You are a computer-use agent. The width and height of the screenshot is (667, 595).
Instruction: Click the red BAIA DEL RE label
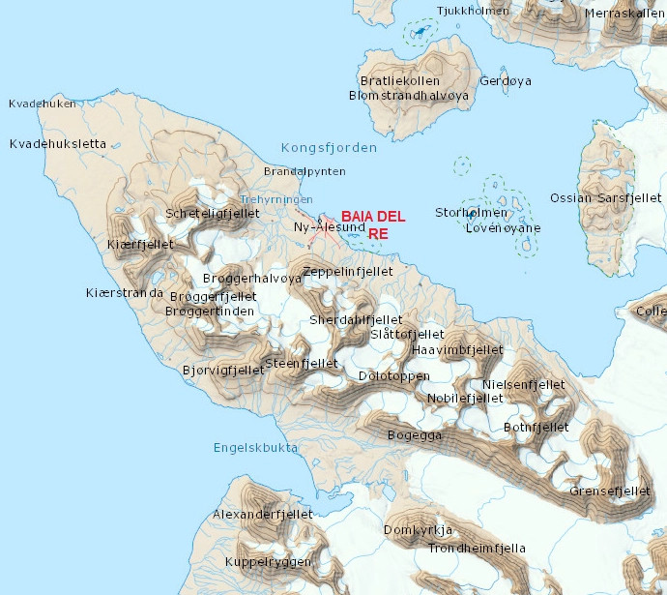(x=373, y=224)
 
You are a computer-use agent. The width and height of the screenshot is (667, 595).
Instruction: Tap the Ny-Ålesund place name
(x=329, y=227)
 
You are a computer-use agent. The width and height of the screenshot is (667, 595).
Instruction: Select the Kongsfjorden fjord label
(x=330, y=148)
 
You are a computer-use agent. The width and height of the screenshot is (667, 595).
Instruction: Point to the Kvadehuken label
(x=43, y=104)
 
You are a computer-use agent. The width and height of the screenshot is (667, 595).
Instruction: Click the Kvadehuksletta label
(x=57, y=143)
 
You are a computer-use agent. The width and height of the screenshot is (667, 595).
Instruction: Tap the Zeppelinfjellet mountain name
(x=348, y=272)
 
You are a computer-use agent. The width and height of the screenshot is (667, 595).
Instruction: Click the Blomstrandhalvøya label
(x=409, y=96)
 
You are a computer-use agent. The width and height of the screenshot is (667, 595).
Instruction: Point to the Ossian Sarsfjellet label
(x=605, y=197)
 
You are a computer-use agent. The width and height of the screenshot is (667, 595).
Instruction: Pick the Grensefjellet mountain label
(x=610, y=491)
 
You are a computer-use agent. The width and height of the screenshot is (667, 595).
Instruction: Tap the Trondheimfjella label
(x=477, y=549)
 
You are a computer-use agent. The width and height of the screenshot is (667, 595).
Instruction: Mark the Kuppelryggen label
(x=268, y=562)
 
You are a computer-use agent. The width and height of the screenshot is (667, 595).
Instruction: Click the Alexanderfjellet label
(x=263, y=514)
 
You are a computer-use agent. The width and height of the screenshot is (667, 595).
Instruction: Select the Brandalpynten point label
(x=304, y=171)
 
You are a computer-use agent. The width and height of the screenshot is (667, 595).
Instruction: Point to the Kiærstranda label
(x=125, y=292)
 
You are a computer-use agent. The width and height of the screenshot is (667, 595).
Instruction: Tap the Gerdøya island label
(x=506, y=81)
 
